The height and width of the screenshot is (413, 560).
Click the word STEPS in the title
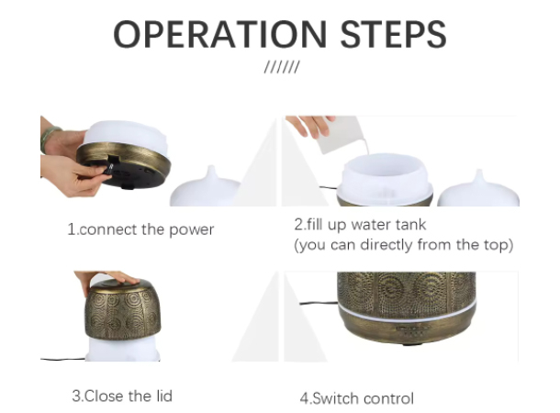(x=394, y=34)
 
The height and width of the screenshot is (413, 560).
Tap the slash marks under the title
(x=282, y=67)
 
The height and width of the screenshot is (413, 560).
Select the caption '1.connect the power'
(x=140, y=229)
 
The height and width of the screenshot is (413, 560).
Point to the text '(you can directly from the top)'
(x=404, y=245)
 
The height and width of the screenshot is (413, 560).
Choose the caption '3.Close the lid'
(x=122, y=396)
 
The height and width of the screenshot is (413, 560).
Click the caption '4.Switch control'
(x=357, y=398)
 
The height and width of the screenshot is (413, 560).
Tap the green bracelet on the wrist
(x=49, y=138)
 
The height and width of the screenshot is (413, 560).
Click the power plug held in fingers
(x=108, y=169)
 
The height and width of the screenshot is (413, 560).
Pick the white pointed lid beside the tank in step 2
(x=478, y=189)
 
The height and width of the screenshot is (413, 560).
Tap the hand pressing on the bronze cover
(x=106, y=278)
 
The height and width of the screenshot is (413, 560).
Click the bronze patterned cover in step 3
(x=123, y=309)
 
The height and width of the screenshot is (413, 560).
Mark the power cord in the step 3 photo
(x=62, y=359)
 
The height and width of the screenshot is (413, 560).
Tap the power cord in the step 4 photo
(x=319, y=304)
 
